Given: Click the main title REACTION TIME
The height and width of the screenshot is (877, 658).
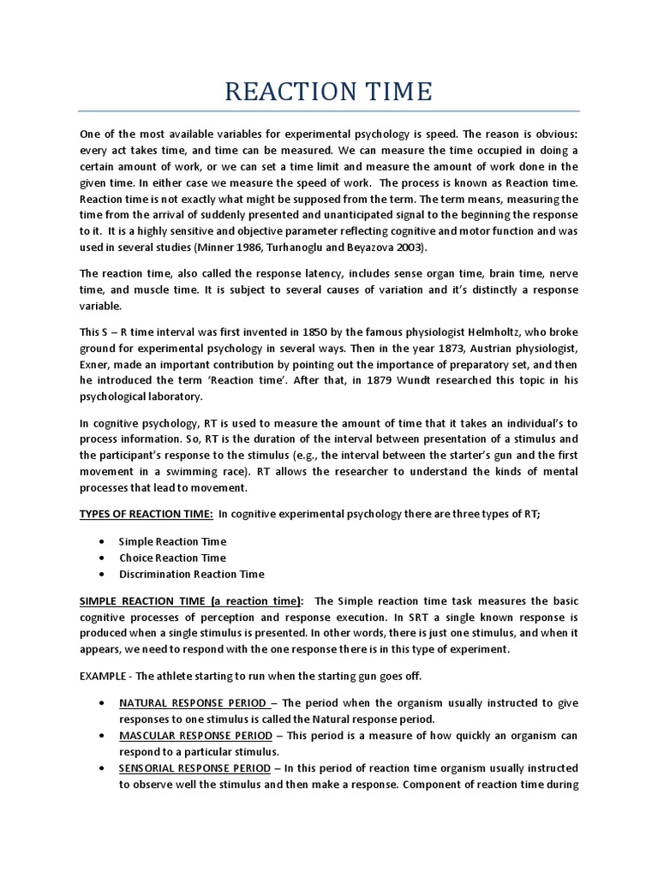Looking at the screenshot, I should (329, 91).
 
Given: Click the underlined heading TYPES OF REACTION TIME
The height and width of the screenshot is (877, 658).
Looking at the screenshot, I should (146, 513).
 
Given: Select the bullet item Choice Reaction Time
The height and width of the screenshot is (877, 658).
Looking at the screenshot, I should (172, 558).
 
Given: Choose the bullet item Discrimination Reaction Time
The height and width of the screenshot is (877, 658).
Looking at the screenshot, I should (192, 574).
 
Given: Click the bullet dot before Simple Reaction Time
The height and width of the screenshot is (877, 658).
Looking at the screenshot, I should (103, 542).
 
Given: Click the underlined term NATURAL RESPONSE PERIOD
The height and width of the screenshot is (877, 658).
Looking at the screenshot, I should (194, 703).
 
